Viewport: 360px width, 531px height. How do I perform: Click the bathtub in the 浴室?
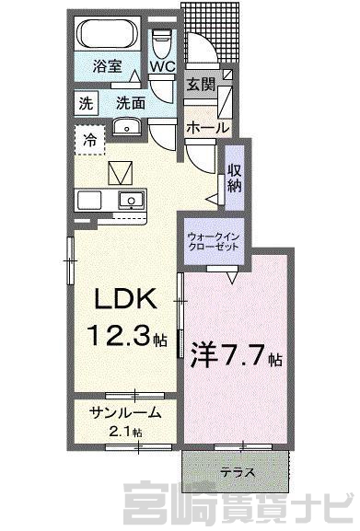click(107, 34)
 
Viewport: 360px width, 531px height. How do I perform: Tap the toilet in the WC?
click(162, 44)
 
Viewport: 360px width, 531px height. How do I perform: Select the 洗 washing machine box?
click(86, 102)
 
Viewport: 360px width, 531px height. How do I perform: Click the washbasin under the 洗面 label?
click(127, 127)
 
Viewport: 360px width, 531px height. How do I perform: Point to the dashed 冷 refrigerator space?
click(89, 140)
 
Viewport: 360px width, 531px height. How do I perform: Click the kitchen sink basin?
click(132, 199)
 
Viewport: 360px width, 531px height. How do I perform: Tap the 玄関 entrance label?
click(202, 84)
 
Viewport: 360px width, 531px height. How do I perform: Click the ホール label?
click(207, 128)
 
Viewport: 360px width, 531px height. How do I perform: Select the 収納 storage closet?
click(235, 178)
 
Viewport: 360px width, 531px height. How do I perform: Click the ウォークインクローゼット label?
click(214, 241)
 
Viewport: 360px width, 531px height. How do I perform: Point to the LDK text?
click(125, 298)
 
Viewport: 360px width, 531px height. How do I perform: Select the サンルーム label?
click(124, 413)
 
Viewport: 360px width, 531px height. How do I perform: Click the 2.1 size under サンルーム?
click(121, 433)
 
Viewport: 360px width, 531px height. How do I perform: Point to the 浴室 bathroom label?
click(108, 66)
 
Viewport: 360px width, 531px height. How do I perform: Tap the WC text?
click(163, 66)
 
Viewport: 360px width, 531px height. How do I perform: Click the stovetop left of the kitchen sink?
click(89, 200)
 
